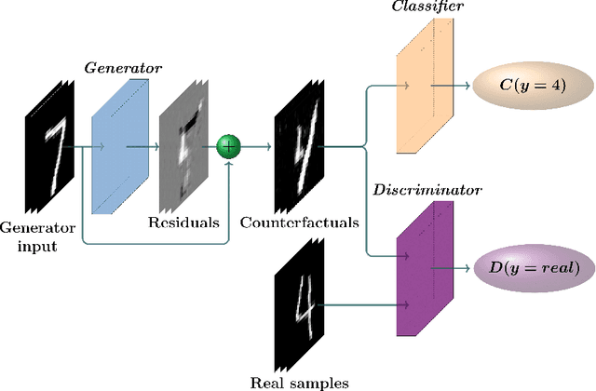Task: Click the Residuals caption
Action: tap(184, 223)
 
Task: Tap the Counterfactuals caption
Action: tap(300, 223)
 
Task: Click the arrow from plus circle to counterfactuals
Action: tap(255, 147)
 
